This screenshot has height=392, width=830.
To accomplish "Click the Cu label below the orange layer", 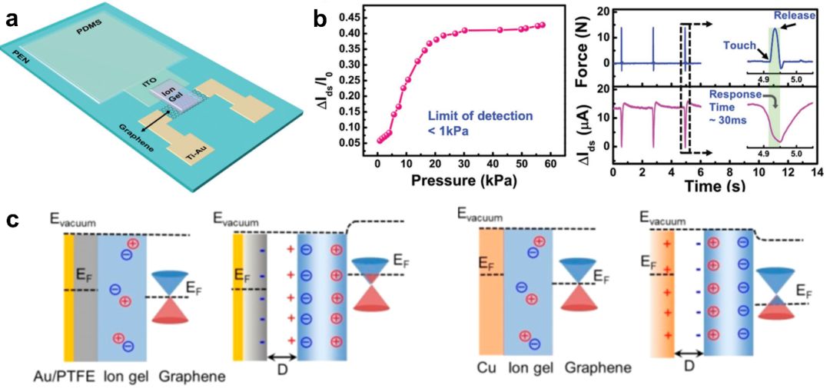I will coord(486,368).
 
